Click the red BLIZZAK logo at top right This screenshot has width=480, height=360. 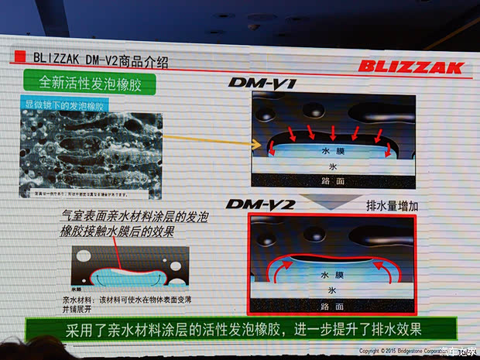(x=410, y=66)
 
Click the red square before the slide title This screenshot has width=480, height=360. (x=17, y=57)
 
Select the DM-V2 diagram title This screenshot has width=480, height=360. (x=256, y=204)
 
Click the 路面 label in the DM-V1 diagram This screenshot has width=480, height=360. (x=332, y=180)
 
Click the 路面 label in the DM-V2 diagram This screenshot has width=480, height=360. (x=332, y=304)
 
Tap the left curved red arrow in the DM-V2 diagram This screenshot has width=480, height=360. (x=277, y=267)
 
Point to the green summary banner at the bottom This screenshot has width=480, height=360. (x=232, y=329)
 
